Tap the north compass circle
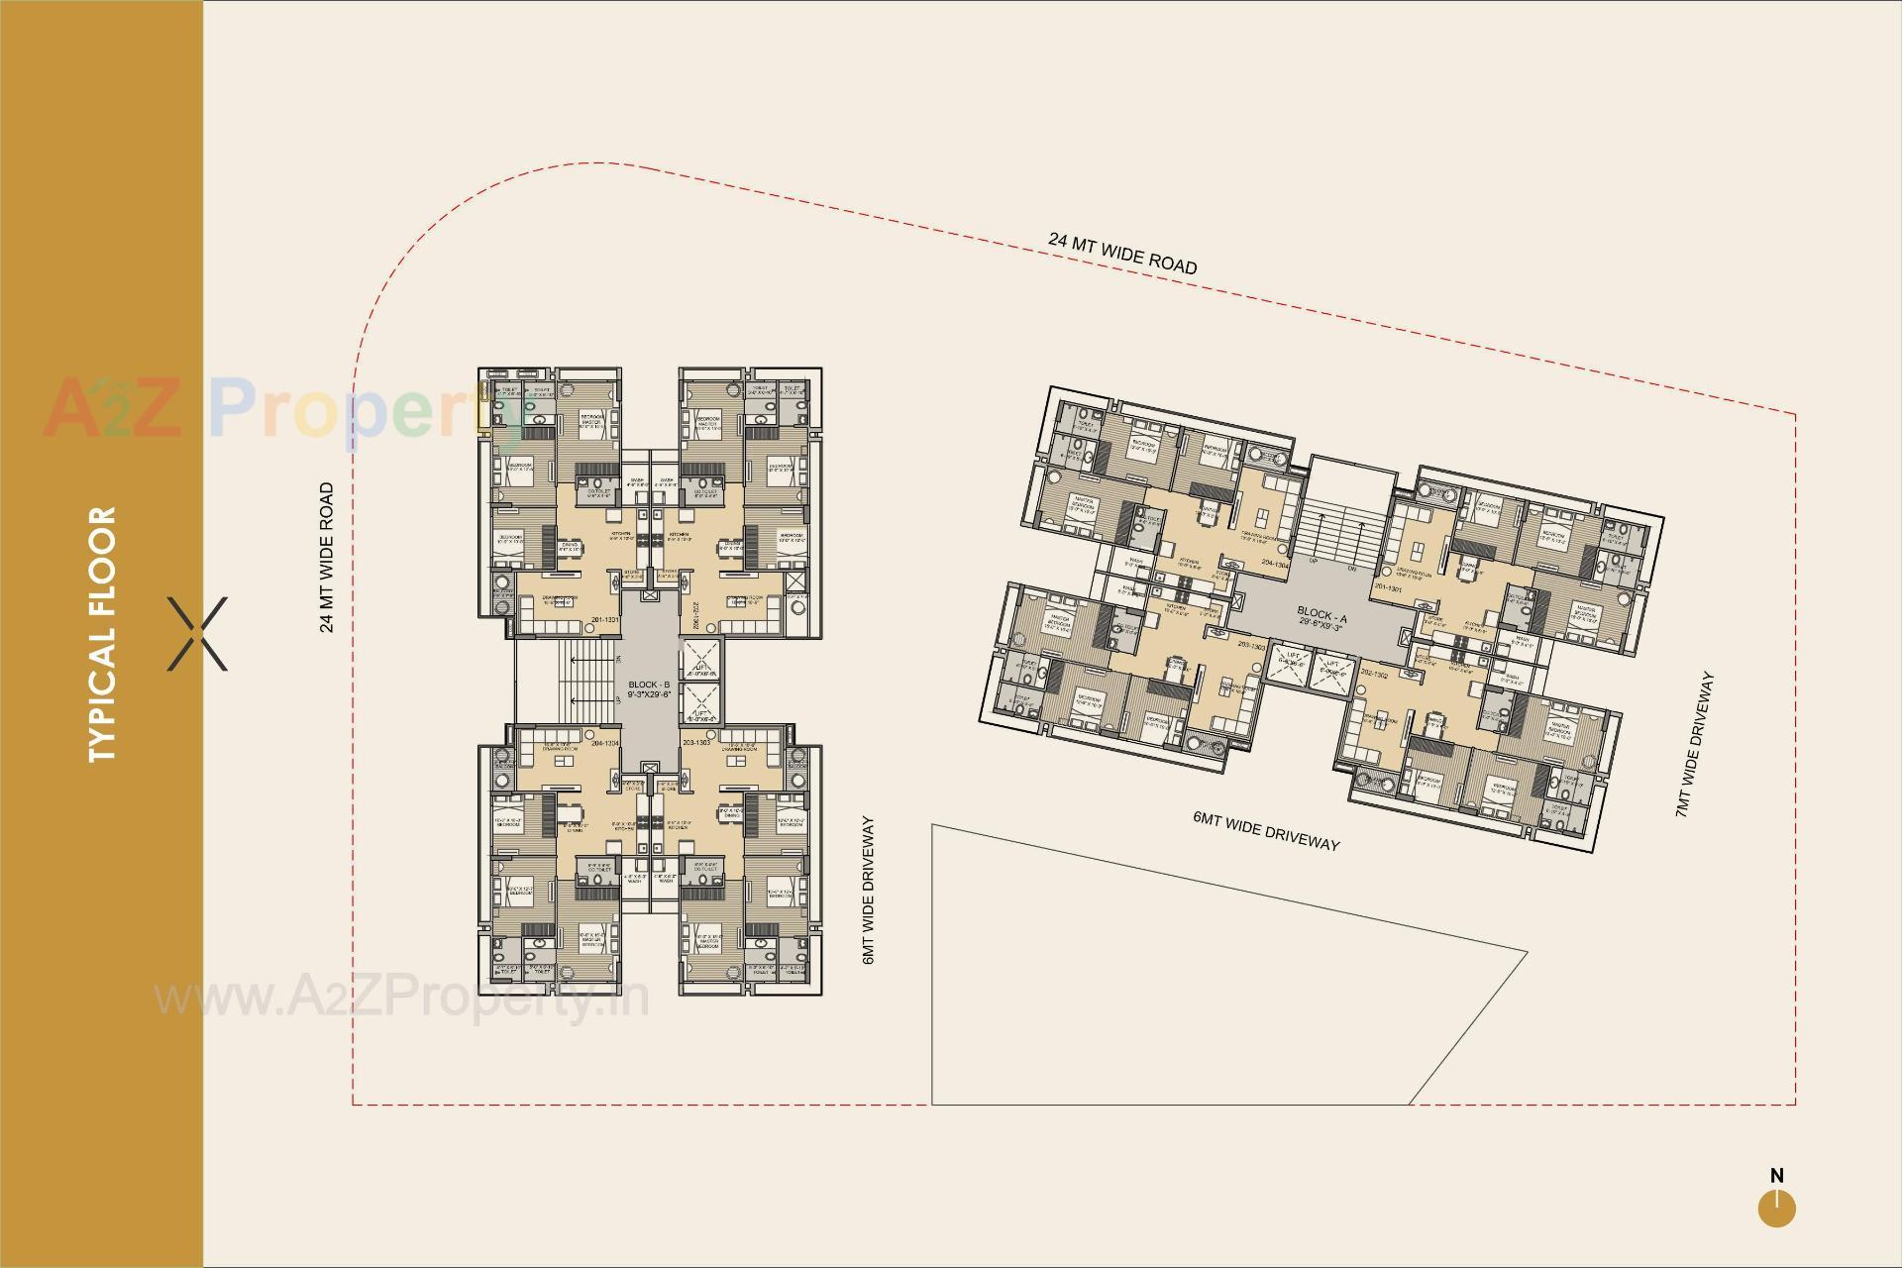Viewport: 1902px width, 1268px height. [1777, 1210]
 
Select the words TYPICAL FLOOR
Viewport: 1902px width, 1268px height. [102, 634]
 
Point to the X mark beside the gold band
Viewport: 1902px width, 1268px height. [198, 634]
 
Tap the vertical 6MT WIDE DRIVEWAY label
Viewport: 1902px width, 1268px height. [869, 891]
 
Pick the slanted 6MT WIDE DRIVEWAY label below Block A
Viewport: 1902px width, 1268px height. [1266, 830]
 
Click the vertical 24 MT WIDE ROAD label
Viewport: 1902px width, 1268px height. [327, 557]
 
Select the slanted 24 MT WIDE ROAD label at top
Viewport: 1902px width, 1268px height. [1122, 253]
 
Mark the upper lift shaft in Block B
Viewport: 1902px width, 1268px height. [701, 659]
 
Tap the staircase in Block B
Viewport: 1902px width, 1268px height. [576, 684]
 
